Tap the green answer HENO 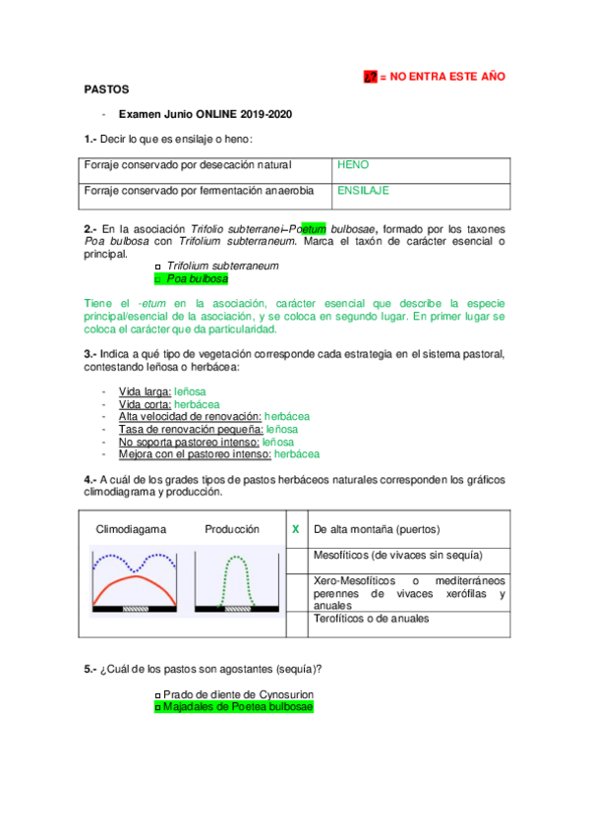click(x=353, y=165)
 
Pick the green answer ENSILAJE click(x=363, y=190)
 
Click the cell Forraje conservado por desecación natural click(x=187, y=165)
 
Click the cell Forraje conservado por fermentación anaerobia click(x=199, y=190)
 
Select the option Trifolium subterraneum click(x=222, y=266)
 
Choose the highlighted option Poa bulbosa click(x=197, y=278)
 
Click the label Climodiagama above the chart click(x=131, y=529)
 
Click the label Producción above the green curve click(x=232, y=529)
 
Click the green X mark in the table click(x=296, y=530)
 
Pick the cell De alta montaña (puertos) click(x=377, y=529)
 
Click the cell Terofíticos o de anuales click(x=371, y=619)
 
